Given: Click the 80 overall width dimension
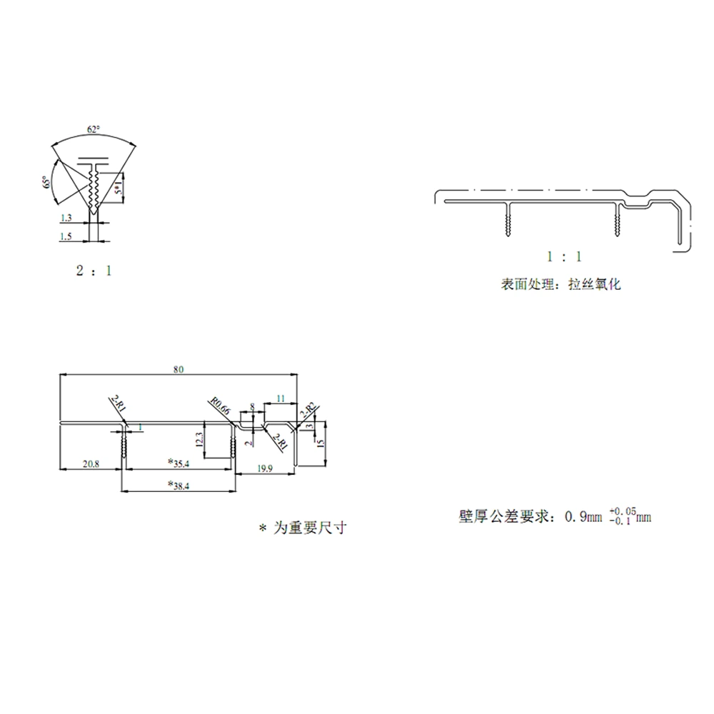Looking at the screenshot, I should pyautogui.click(x=178, y=369).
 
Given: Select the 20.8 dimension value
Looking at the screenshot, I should pyautogui.click(x=91, y=464).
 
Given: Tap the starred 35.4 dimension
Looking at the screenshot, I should pyautogui.click(x=178, y=463).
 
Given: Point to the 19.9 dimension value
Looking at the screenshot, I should pyautogui.click(x=264, y=468).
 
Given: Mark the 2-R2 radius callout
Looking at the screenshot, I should pyautogui.click(x=308, y=410).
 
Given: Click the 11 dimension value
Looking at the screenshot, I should pyautogui.click(x=280, y=397).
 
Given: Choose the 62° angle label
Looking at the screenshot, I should pyautogui.click(x=94, y=129).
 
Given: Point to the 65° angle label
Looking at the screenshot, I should pyautogui.click(x=46, y=183).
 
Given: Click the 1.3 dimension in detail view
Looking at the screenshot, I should pyautogui.click(x=66, y=217).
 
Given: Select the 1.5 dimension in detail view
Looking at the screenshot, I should pyautogui.click(x=66, y=236).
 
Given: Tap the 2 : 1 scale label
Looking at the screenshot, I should pyautogui.click(x=94, y=271).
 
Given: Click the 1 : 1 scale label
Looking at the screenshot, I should pyautogui.click(x=564, y=256).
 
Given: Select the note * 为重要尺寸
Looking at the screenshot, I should pyautogui.click(x=303, y=528).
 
